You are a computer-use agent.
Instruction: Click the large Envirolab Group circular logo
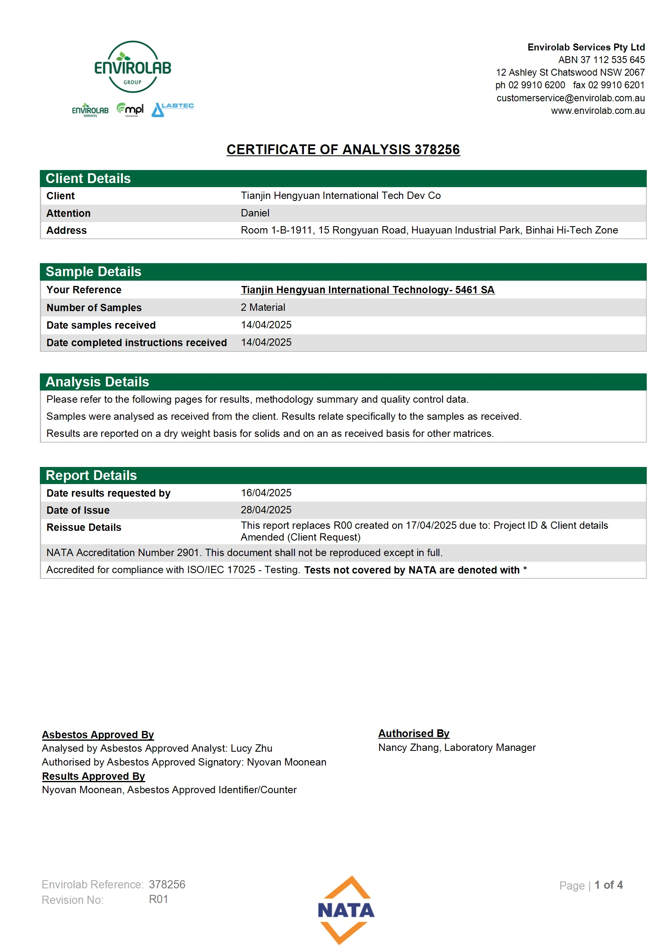[133, 67]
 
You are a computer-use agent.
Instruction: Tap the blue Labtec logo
[172, 110]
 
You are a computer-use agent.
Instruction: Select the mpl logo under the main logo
[130, 110]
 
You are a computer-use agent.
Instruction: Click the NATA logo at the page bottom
[346, 910]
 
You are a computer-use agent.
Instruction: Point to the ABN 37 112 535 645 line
[601, 60]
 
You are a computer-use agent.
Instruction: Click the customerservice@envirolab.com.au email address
[570, 98]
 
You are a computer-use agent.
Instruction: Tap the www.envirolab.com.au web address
[598, 111]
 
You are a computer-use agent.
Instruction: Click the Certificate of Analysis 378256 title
[343, 150]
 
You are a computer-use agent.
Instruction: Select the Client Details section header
[88, 179]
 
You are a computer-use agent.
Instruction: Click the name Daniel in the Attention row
[255, 213]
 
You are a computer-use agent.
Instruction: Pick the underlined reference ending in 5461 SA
[367, 290]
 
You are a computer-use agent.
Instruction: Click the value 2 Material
[263, 308]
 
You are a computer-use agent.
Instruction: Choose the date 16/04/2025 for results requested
[266, 493]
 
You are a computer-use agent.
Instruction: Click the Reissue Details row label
[84, 527]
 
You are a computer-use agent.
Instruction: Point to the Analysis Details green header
[97, 382]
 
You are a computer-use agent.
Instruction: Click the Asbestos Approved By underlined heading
[98, 734]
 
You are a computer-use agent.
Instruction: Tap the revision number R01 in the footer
[158, 899]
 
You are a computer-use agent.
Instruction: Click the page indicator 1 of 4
[608, 885]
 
